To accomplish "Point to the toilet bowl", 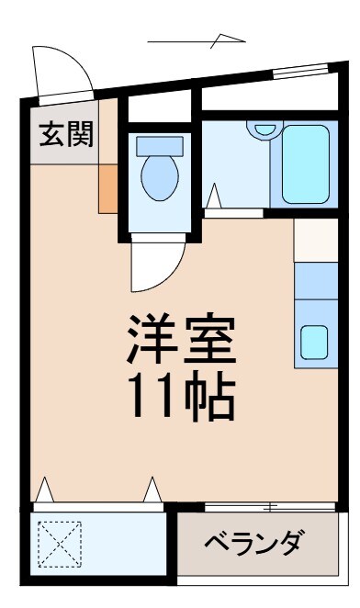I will tap(160, 178).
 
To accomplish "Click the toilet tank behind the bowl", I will tap(160, 144).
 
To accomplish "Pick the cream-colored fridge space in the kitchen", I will tap(316, 239).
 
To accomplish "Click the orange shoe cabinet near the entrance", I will tap(108, 188).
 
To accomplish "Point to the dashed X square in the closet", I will tap(58, 543).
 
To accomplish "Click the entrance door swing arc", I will tap(59, 69).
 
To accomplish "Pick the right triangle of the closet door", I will tap(152, 490).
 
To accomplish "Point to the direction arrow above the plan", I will tap(197, 40).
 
